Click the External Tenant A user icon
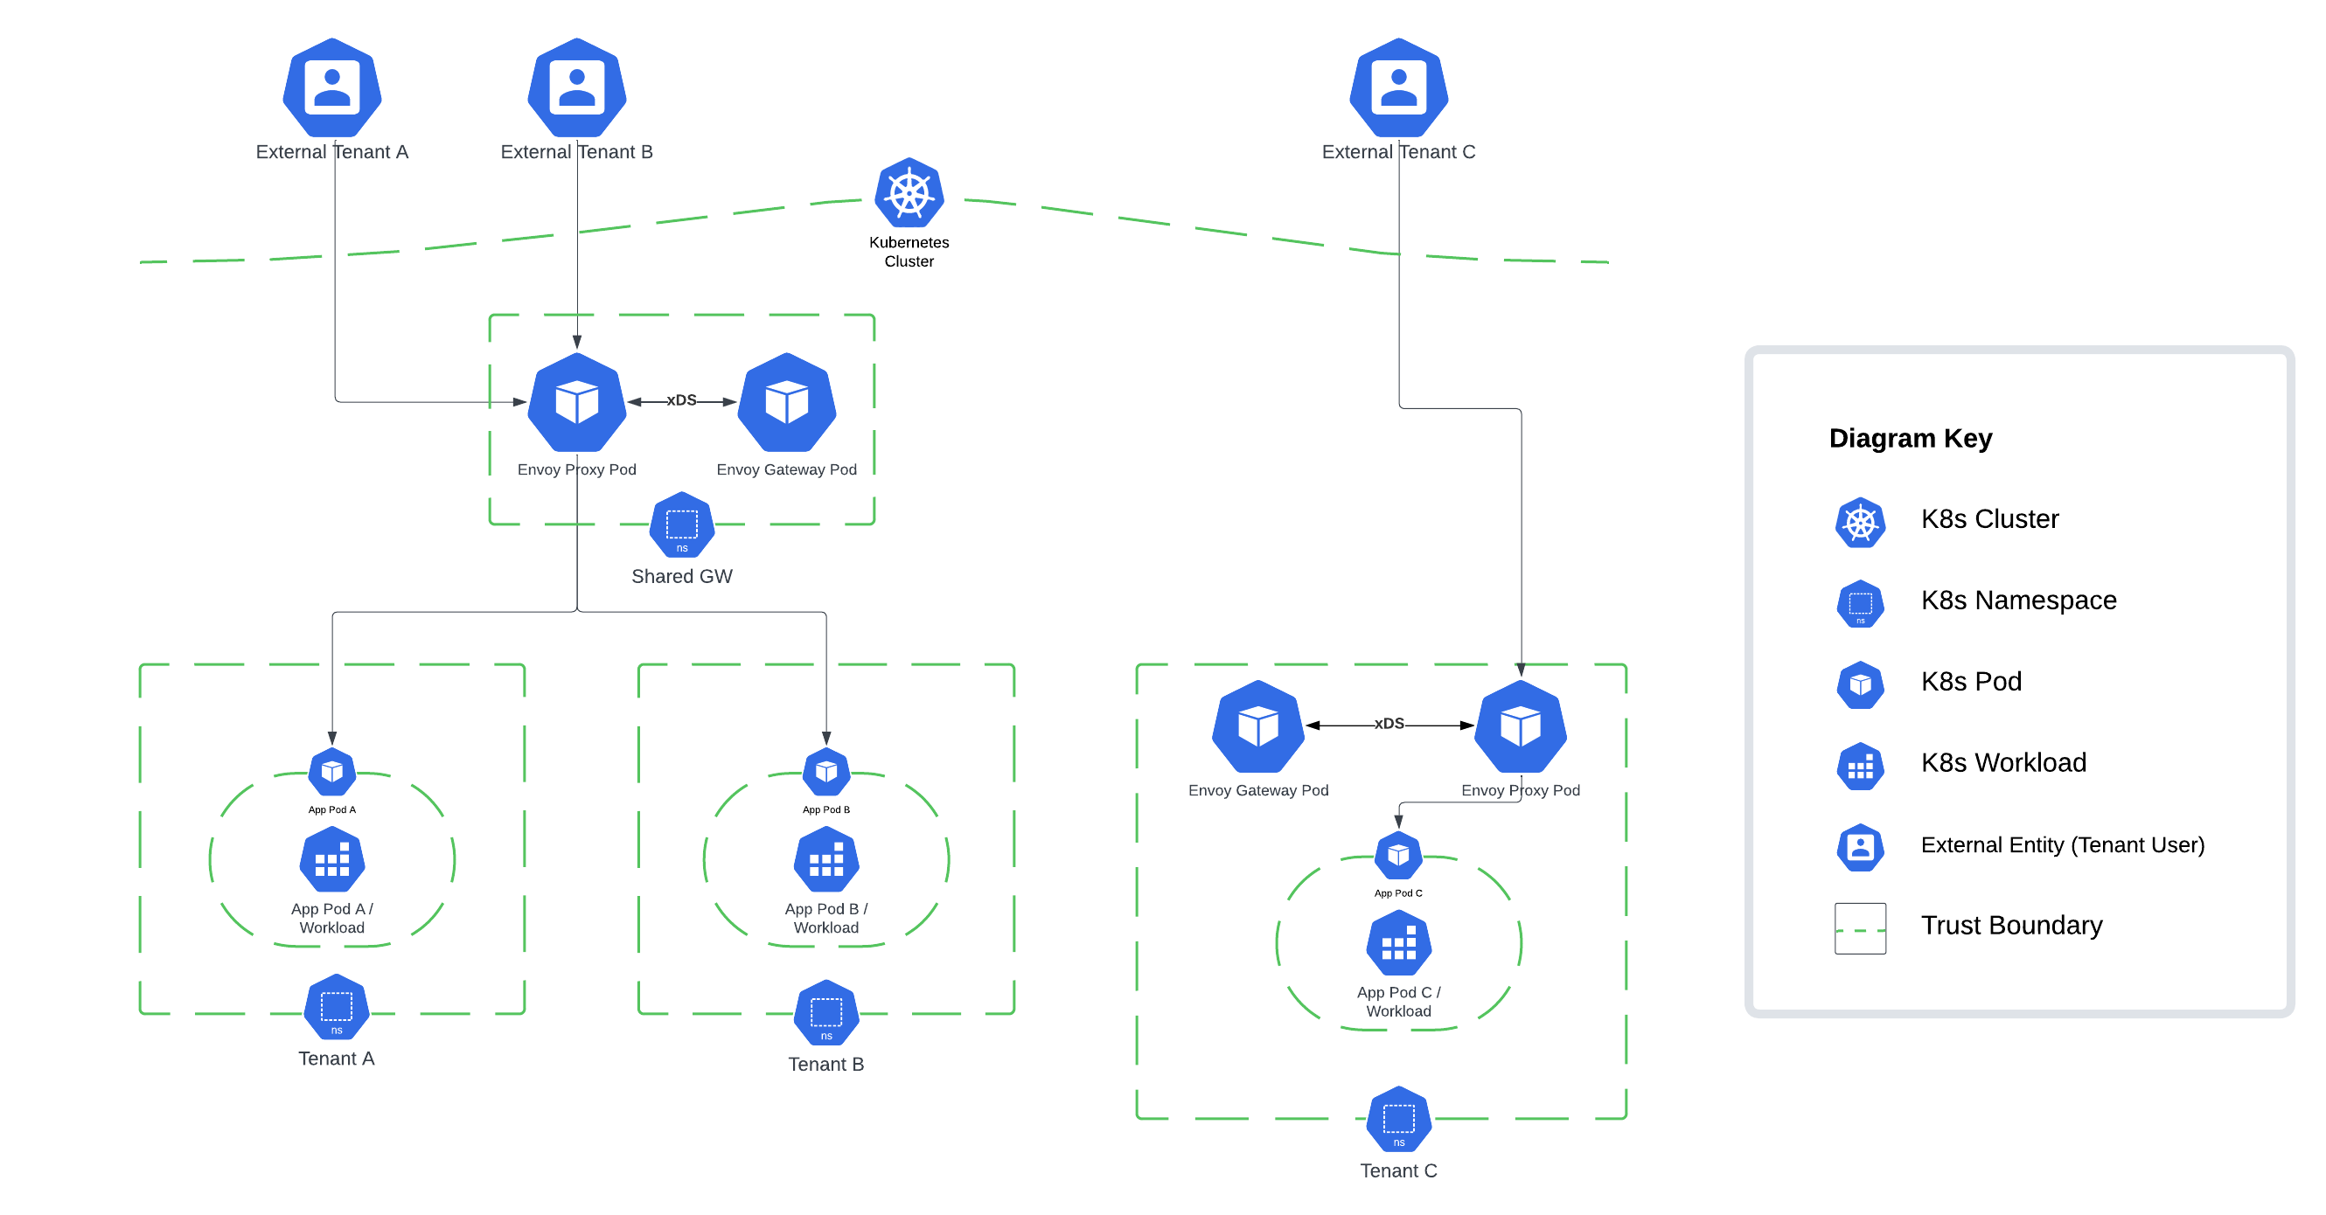pos(331,87)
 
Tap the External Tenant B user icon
pos(576,87)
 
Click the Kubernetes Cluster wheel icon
pos(909,193)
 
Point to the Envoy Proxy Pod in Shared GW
pos(576,402)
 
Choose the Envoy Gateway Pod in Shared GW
pos(786,402)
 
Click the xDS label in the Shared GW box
pos(681,399)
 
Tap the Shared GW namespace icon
pos(682,524)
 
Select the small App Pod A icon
pos(331,771)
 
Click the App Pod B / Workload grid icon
pos(825,860)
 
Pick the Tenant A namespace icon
pos(336,1006)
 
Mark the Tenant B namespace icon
pos(825,1012)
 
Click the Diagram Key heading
pos(1910,438)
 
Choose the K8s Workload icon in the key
pos(1859,767)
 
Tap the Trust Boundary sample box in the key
pos(1859,928)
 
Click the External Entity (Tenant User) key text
pos(2061,844)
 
